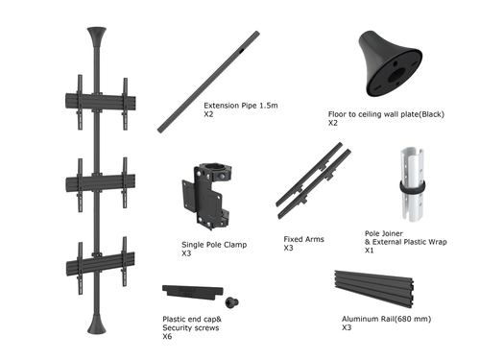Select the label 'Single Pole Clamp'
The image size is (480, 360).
coord(214,245)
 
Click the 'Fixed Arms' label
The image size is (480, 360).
coord(302,239)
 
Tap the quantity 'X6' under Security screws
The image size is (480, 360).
coord(167,336)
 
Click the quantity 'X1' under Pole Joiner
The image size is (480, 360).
coord(370,250)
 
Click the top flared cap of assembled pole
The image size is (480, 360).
coord(96,38)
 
